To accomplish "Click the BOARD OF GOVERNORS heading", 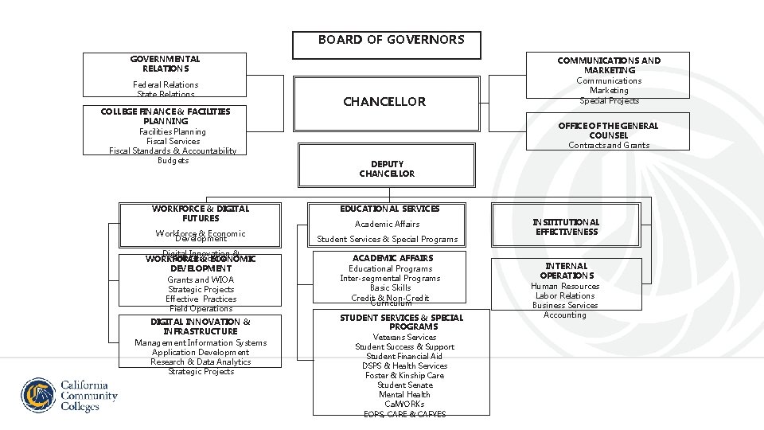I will click(391, 39).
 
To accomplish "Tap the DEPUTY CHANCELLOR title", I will click(387, 169).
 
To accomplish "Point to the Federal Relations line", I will click(166, 84).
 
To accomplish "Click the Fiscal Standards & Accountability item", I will click(172, 150).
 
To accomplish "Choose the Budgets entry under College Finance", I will click(173, 160).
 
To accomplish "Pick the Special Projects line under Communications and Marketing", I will click(609, 100).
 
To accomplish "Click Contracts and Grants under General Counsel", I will click(609, 145).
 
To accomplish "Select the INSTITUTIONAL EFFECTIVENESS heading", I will click(567, 227).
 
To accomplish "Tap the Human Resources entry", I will click(565, 286).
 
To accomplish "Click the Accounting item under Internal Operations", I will click(565, 315).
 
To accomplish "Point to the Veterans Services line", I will click(404, 337).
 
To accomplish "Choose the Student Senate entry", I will click(404, 385).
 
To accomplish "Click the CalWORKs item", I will click(404, 404).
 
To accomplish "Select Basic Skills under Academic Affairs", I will click(390, 287).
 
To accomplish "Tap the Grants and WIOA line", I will click(201, 279).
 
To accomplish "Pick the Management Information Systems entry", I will click(201, 342).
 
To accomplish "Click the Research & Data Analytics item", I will click(201, 362).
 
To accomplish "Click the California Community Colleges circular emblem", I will click(39, 396).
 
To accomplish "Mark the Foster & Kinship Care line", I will click(404, 375).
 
